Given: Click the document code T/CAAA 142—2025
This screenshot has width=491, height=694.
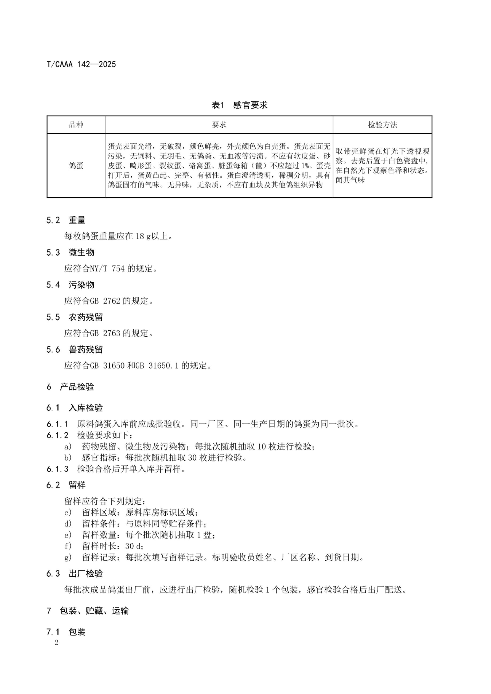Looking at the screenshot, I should [x=81, y=64].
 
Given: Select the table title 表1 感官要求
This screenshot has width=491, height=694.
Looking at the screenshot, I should [x=239, y=105].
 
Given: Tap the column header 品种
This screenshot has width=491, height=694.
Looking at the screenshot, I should [x=76, y=125].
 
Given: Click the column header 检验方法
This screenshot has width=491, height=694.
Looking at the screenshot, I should [x=382, y=125].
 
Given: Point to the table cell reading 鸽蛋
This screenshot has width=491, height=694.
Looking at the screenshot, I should [x=76, y=166].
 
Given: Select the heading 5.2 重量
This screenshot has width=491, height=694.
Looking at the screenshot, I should [x=66, y=220].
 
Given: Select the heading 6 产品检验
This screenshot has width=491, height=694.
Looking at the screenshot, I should [x=70, y=387].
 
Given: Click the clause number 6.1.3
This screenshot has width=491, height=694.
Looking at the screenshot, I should [x=57, y=469].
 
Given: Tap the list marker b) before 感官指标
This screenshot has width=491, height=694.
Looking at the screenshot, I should [x=68, y=458].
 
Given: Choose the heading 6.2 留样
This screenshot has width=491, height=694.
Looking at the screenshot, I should [x=66, y=485].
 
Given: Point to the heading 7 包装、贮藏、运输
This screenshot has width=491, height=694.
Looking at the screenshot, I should [x=88, y=611].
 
